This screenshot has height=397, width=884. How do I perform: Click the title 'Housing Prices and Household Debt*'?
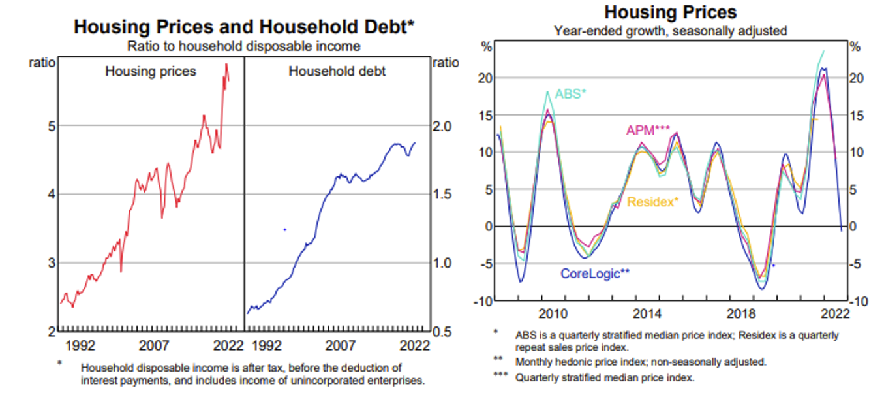coord(244,27)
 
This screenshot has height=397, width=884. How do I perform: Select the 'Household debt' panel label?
coord(337,71)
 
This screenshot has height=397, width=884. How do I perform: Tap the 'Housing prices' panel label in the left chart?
coord(151,71)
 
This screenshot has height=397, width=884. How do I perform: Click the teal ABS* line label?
coord(570,94)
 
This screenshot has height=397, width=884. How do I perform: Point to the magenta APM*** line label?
coord(648,130)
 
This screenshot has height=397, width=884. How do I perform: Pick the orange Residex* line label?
coord(652,202)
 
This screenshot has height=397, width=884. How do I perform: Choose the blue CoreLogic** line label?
coord(595,274)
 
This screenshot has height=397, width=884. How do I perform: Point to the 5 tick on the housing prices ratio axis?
coord(52,125)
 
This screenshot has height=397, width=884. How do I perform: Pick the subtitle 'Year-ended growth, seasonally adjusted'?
coord(670,31)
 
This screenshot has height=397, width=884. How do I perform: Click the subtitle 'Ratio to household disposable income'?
coord(244,46)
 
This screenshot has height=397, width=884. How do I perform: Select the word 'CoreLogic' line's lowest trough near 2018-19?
coord(761,289)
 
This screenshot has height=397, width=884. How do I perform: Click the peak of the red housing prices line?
coord(226,63)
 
